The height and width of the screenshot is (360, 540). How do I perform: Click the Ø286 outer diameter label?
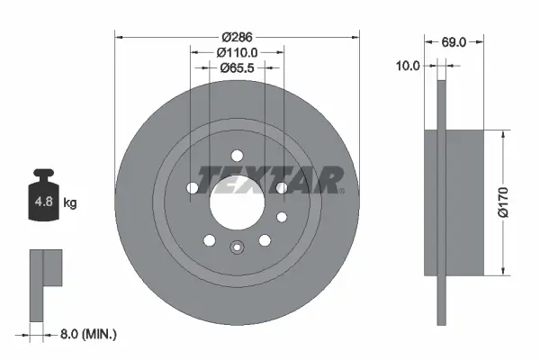[x=238, y=39]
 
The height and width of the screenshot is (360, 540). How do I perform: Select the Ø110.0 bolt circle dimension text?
[x=238, y=53]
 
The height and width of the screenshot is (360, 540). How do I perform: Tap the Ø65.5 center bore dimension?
[x=238, y=68]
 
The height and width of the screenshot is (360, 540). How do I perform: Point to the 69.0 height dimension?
[x=455, y=42]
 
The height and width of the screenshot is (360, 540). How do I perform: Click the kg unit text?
[x=70, y=203]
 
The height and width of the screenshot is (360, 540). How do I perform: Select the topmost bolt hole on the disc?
[x=238, y=154]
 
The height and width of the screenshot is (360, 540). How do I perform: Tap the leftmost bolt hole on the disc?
[x=193, y=188]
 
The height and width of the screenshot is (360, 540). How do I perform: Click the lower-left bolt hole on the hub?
[x=210, y=240]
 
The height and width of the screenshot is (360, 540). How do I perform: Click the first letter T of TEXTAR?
[x=206, y=180]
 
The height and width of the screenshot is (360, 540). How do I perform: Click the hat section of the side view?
[x=463, y=202]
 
